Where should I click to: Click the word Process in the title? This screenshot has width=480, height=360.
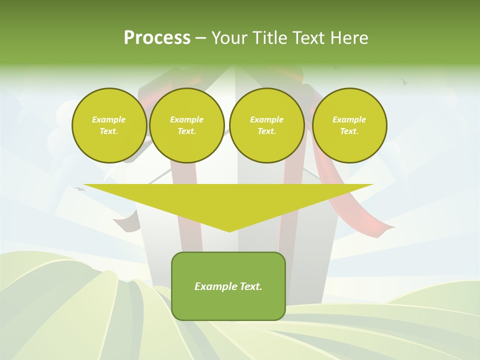(157, 38)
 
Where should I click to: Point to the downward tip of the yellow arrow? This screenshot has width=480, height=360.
(229, 230)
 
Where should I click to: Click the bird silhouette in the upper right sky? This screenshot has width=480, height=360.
(404, 81)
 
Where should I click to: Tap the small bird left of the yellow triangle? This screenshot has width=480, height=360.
(79, 189)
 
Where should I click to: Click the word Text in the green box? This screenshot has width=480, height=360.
(251, 286)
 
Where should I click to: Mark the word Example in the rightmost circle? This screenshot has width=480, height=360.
(349, 119)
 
